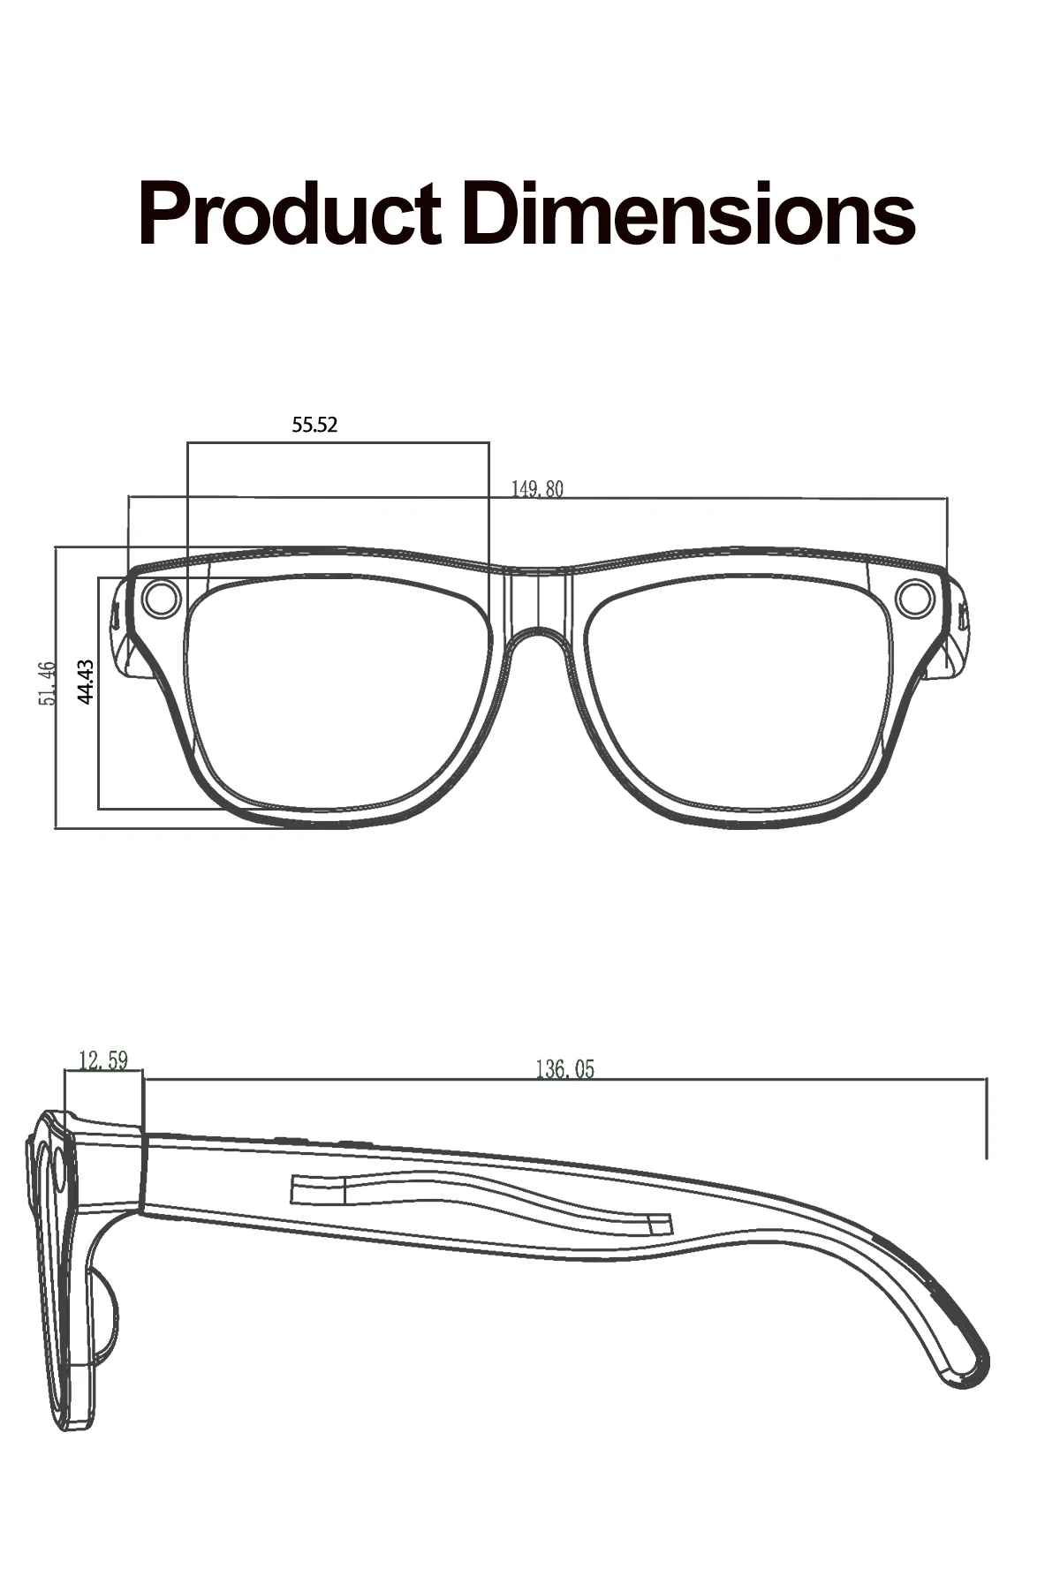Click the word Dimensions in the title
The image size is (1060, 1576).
tap(688, 214)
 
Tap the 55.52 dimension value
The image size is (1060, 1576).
tap(314, 425)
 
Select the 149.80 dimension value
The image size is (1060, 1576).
tap(537, 488)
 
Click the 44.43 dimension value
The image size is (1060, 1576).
tap(86, 681)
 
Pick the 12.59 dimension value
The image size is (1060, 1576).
tap(103, 1060)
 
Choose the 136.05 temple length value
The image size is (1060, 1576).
tap(565, 1070)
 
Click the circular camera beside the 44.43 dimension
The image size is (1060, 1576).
tap(160, 599)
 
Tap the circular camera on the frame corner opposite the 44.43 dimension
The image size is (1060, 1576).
tap(914, 599)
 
